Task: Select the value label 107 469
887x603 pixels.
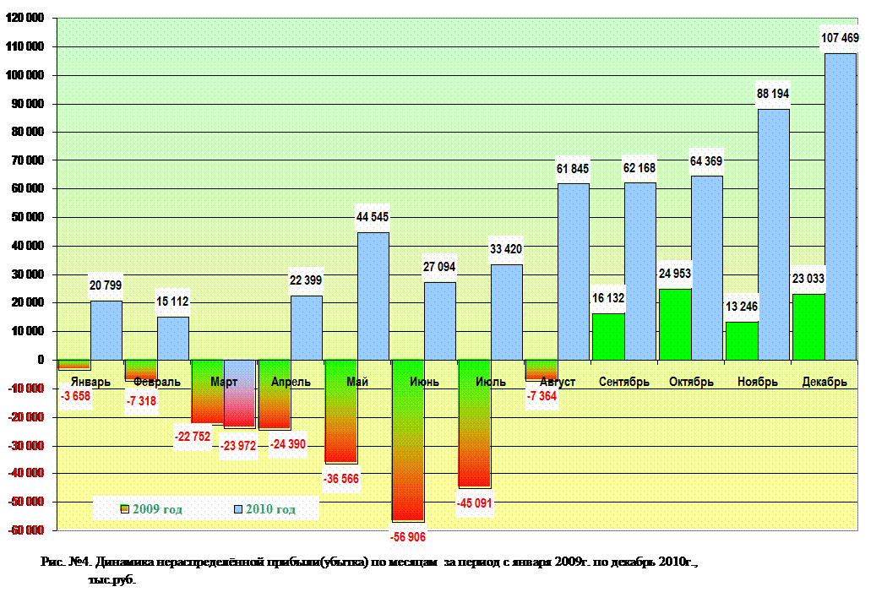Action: tap(841, 37)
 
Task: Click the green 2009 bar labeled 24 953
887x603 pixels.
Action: tap(675, 325)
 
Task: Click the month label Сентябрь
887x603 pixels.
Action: tap(624, 382)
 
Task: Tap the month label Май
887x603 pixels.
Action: tap(357, 382)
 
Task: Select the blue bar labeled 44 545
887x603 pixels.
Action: tap(373, 296)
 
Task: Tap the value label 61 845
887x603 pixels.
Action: tap(573, 169)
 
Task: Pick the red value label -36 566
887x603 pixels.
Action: tap(341, 478)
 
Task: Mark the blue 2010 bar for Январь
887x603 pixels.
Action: tap(106, 330)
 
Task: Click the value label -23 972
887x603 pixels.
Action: tap(239, 445)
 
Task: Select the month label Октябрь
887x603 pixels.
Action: tap(691, 382)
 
